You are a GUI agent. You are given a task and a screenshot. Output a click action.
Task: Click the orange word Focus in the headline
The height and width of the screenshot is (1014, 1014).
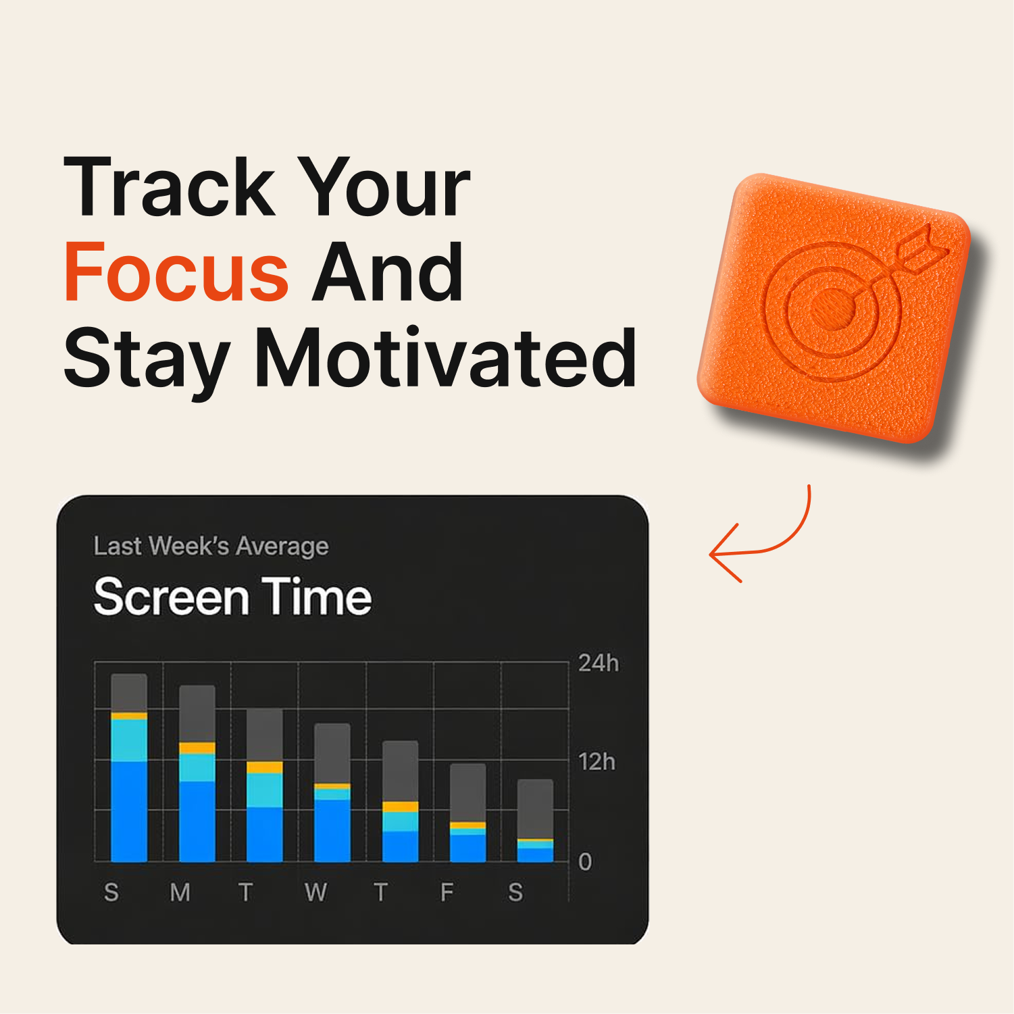pos(176,272)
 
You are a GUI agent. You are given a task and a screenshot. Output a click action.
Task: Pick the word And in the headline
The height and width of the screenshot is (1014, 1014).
pos(388,272)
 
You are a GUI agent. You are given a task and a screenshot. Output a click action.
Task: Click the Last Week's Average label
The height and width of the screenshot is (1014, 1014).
pos(211,546)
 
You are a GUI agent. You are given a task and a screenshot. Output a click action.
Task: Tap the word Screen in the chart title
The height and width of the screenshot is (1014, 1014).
pos(172,597)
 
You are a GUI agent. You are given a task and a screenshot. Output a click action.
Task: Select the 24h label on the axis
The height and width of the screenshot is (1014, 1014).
pos(599,663)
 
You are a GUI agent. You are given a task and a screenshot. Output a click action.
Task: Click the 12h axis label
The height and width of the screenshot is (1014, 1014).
pos(597,762)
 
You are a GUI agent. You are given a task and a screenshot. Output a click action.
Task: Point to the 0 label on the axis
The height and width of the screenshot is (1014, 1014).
pos(585,861)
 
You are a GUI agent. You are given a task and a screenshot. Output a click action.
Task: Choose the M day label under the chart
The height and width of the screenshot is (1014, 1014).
pos(180,892)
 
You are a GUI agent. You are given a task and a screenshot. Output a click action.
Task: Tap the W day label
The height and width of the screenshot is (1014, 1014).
pos(315,892)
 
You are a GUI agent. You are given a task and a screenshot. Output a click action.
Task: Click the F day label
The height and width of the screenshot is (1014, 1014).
pos(447,892)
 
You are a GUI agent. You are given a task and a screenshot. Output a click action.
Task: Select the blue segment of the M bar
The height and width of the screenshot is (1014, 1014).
pos(197,821)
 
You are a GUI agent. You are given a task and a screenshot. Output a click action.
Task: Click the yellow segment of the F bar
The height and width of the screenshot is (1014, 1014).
pos(468,826)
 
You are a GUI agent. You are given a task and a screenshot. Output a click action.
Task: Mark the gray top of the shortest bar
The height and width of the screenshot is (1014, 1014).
pos(536,809)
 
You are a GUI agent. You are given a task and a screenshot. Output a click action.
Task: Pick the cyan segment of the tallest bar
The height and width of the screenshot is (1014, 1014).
pos(129,740)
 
